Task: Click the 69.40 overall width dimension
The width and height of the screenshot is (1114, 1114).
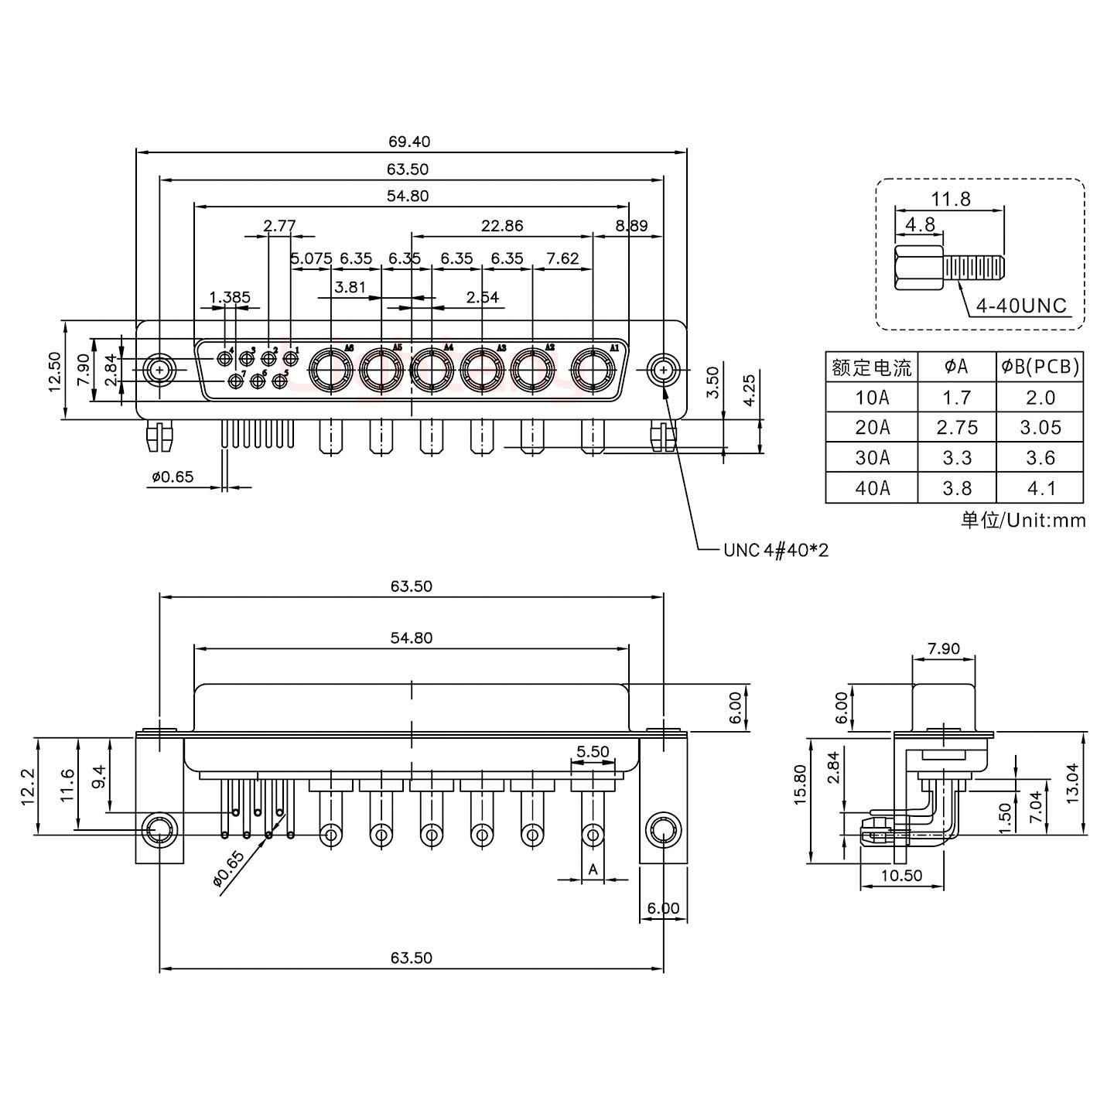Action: click(409, 142)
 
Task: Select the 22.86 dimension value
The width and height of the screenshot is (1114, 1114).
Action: click(501, 226)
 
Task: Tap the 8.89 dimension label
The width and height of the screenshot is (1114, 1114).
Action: click(631, 226)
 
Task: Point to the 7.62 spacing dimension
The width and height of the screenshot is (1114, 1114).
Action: click(562, 258)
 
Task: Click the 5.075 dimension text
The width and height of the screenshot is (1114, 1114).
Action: click(311, 258)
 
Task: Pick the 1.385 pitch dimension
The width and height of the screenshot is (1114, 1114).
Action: click(230, 297)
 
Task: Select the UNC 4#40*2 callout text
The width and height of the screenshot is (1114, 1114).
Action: click(775, 550)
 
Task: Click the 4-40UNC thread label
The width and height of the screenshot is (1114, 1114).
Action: click(1020, 306)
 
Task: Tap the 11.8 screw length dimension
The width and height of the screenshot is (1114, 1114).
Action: click(950, 200)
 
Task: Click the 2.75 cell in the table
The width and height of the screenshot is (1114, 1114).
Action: click(956, 428)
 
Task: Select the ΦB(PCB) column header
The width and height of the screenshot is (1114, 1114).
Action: click(1039, 367)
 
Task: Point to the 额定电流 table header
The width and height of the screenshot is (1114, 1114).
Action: click(871, 367)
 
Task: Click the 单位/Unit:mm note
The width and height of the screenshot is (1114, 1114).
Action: click(1023, 521)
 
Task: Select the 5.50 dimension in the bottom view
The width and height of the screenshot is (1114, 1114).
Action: click(593, 751)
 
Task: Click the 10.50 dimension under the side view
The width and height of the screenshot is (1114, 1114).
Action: click(901, 876)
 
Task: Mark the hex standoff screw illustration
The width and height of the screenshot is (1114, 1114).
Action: click(949, 269)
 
